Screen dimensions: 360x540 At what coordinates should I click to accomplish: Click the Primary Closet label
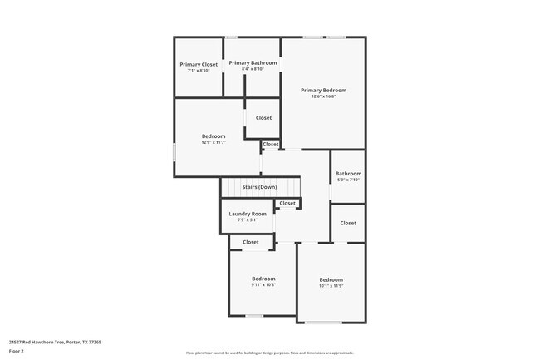pyautogui.click(x=199, y=64)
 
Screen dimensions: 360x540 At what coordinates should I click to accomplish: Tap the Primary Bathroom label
pyautogui.click(x=253, y=62)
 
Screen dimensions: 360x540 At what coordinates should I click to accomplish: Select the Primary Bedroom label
pyautogui.click(x=323, y=90)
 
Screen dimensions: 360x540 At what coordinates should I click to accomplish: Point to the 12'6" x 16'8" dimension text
pyautogui.click(x=323, y=96)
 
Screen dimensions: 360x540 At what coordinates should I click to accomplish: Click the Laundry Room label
pyautogui.click(x=247, y=214)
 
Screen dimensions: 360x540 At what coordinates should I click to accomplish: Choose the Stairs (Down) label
pyautogui.click(x=259, y=187)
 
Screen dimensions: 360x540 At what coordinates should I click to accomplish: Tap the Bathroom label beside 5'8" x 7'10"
pyautogui.click(x=348, y=174)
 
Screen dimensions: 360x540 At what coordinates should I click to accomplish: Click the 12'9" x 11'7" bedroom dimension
pyautogui.click(x=214, y=142)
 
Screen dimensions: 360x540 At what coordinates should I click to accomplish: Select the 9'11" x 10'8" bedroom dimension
pyautogui.click(x=263, y=285)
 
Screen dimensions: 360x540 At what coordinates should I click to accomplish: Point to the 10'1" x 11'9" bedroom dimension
pyautogui.click(x=331, y=286)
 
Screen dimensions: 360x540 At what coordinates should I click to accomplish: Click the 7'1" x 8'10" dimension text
pyautogui.click(x=199, y=71)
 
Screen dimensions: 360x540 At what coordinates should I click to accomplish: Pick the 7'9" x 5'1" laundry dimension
pyautogui.click(x=247, y=220)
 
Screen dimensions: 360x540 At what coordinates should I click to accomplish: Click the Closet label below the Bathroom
pyautogui.click(x=348, y=223)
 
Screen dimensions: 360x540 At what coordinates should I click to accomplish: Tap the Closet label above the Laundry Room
pyautogui.click(x=287, y=203)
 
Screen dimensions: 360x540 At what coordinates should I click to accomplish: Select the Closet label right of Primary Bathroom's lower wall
pyautogui.click(x=263, y=118)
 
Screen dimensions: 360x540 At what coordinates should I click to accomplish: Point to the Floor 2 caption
pyautogui.click(x=17, y=351)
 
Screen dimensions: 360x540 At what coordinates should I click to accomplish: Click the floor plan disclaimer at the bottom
pyautogui.click(x=270, y=353)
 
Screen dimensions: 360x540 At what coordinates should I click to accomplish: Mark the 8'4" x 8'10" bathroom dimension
pyautogui.click(x=253, y=69)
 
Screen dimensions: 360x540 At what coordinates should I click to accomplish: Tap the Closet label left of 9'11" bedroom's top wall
pyautogui.click(x=251, y=242)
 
